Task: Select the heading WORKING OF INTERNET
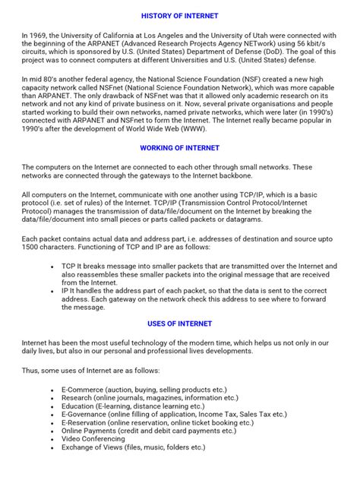[x=180, y=147]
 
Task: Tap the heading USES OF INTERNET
[x=180, y=324]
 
